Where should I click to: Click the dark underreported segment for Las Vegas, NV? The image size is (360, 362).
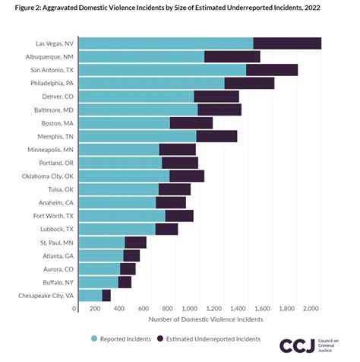[x=287, y=43]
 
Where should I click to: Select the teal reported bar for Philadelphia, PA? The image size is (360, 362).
[x=151, y=83]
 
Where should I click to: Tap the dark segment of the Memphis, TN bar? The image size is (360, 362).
[x=216, y=136]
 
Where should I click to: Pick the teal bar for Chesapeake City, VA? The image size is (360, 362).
[x=90, y=295]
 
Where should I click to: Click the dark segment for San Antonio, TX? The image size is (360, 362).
[x=272, y=70]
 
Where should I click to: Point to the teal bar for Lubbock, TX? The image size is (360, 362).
[x=116, y=229]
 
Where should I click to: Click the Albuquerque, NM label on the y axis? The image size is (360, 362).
[x=49, y=56]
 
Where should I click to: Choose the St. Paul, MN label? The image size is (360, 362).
[x=56, y=242]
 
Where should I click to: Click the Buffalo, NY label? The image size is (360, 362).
[x=57, y=282]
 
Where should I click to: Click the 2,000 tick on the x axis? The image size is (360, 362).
[x=310, y=309]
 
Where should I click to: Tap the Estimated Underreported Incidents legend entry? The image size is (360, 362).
[x=208, y=338]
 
